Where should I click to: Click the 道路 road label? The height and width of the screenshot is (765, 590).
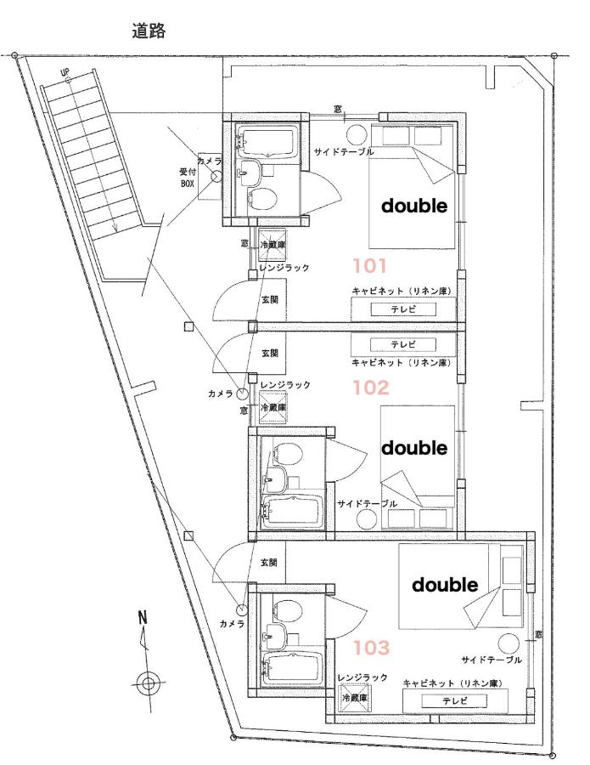click(149, 31)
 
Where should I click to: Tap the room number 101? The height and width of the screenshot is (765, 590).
click(370, 266)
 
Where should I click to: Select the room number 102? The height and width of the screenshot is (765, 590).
click(371, 388)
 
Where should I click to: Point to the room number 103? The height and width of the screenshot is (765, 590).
click(371, 648)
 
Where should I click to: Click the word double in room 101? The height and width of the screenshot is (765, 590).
click(414, 206)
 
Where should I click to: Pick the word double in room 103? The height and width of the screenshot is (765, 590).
click(445, 585)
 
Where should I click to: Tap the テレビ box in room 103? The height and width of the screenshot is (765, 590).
click(454, 701)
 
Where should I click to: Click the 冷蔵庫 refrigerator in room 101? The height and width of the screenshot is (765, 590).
click(273, 245)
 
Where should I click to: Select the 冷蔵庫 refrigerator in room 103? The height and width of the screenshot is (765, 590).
click(354, 698)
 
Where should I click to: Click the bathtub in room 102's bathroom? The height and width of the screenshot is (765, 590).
click(292, 513)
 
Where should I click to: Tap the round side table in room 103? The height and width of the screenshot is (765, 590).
click(509, 644)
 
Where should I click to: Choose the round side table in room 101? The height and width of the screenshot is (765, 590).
click(357, 134)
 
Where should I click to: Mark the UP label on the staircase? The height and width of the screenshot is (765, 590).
click(65, 73)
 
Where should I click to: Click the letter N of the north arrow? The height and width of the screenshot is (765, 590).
click(143, 618)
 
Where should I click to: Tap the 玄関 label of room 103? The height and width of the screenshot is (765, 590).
click(268, 562)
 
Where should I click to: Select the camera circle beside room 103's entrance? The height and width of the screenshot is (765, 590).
click(242, 609)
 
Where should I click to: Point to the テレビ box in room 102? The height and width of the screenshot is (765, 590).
click(403, 344)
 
